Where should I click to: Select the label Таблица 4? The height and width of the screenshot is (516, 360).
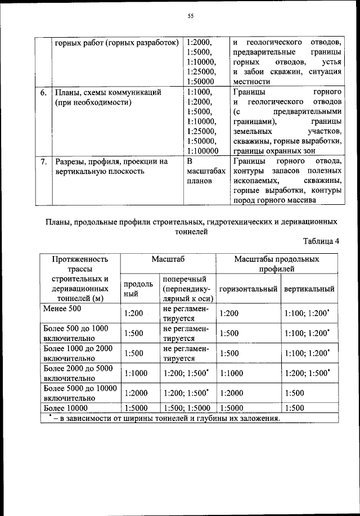coord(321,241)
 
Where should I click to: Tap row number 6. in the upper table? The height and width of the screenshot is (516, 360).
coord(43,92)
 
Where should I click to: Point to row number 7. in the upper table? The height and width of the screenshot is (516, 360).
coord(43,161)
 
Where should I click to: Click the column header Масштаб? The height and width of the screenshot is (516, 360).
coord(168,259)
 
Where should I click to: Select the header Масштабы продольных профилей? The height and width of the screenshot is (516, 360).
coord(276,264)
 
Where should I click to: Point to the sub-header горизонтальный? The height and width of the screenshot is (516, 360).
coord(249,289)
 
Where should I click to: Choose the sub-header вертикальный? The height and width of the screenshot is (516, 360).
coord(309,289)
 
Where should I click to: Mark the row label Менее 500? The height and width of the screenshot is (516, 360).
coord(62,308)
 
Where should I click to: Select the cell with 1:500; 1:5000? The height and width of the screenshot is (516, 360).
coord(186,407)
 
